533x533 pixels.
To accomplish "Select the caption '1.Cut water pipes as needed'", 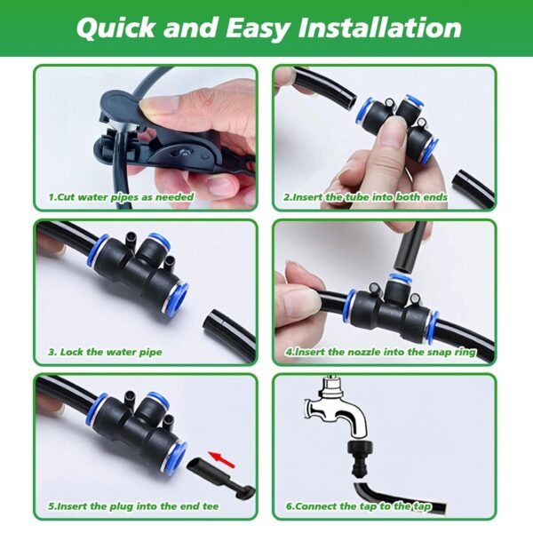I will click(121, 196).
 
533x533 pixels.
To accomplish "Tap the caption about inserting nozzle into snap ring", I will click(380, 352).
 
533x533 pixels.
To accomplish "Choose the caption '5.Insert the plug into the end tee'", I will click(132, 508).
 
